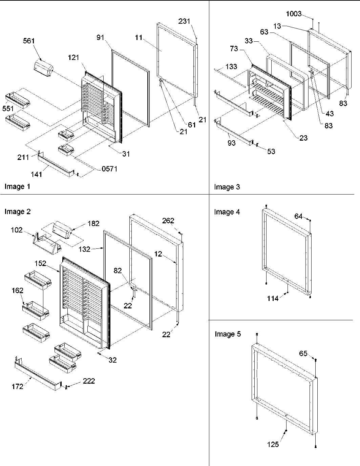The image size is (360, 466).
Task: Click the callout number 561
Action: pos(29,41)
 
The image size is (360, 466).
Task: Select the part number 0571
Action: pos(110,168)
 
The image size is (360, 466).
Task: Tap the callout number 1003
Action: pos(294,14)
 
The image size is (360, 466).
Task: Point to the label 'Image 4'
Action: pos(227,212)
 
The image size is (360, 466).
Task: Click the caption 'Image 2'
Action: pos(18,212)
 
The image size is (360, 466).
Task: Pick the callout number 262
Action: pos(168,221)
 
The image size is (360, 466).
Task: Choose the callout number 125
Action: pos(273,444)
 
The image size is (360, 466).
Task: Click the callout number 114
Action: pos(273,298)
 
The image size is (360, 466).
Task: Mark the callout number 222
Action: pos(89,381)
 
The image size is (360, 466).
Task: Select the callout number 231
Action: pos(185,21)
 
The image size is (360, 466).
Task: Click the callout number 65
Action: pos(303,353)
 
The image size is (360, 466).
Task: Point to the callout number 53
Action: pos(271,151)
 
